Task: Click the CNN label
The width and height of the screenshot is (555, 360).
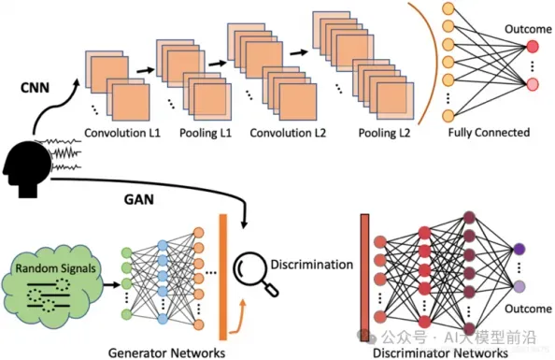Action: (x=35, y=88)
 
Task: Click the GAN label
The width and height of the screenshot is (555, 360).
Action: (x=138, y=199)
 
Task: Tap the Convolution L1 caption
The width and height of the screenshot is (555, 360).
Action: (x=122, y=133)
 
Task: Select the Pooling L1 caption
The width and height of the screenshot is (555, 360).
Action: (x=206, y=133)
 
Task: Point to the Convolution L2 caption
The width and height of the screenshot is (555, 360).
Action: (x=288, y=133)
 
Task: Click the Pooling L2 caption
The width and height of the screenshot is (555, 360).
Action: (x=384, y=133)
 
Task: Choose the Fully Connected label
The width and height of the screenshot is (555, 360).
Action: (x=489, y=133)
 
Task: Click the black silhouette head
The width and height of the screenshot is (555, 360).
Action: (x=27, y=166)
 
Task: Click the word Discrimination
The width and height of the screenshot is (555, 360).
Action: (x=312, y=265)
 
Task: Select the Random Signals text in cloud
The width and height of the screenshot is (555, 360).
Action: (x=55, y=268)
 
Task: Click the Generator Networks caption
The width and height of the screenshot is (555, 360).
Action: (x=166, y=353)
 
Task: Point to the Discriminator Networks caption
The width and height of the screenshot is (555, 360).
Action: (x=440, y=353)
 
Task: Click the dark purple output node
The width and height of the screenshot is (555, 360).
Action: (x=519, y=249)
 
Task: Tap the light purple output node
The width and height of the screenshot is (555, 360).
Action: (x=519, y=286)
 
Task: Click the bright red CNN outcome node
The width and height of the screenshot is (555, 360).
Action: (x=533, y=47)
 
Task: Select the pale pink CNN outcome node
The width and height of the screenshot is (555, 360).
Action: (x=533, y=84)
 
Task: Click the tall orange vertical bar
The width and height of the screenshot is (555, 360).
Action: (x=223, y=277)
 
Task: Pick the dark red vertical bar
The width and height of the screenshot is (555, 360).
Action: (x=364, y=278)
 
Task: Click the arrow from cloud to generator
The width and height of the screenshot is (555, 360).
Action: (x=111, y=284)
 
